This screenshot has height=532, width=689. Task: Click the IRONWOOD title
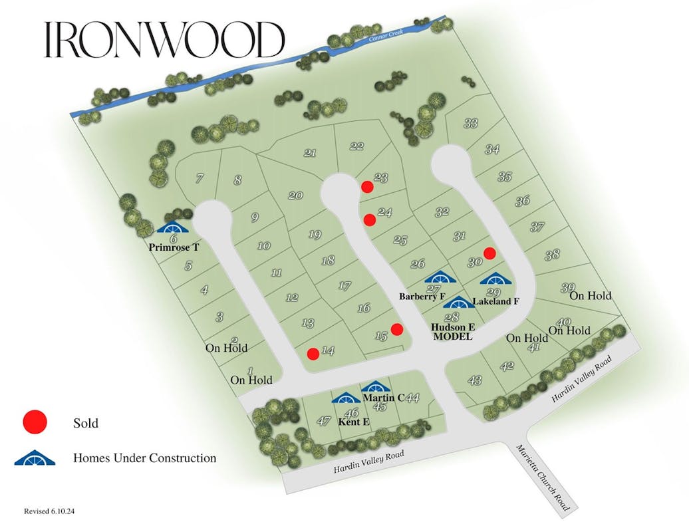click(x=164, y=40)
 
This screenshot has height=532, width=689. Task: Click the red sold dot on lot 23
click(x=366, y=187)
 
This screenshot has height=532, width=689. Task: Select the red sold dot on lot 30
click(x=489, y=253)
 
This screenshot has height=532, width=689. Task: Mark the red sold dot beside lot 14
click(x=313, y=353)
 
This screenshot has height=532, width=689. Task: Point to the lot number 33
click(x=471, y=123)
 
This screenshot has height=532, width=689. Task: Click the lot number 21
click(x=310, y=153)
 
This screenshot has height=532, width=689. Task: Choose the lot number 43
click(x=475, y=380)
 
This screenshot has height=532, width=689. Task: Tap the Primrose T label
click(x=174, y=246)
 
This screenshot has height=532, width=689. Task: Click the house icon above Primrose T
click(x=173, y=227)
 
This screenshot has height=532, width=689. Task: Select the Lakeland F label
click(x=495, y=301)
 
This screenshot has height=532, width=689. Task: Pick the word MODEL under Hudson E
click(x=452, y=336)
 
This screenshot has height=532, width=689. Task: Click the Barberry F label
click(x=422, y=296)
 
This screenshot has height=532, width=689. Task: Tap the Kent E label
click(x=353, y=422)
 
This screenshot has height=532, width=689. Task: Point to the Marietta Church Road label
click(x=543, y=478)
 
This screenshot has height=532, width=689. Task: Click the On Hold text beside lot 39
click(x=590, y=296)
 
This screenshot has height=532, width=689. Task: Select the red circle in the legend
click(x=35, y=422)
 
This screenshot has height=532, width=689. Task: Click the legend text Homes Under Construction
click(x=144, y=458)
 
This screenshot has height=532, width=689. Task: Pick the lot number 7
click(x=199, y=178)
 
